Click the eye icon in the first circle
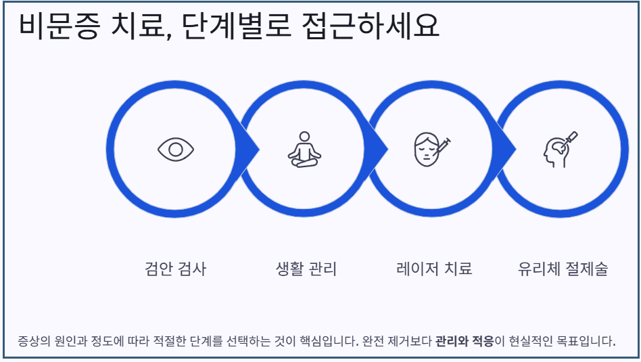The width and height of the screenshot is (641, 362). (176, 149)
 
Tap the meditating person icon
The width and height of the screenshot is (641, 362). (304, 150)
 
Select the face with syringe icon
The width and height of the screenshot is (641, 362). (431, 150)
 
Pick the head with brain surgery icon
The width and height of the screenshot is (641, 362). (560, 149)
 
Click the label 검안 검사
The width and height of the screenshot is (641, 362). (175, 269)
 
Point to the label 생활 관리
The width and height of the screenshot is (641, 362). (306, 269)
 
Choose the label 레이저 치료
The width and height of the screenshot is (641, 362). (434, 269)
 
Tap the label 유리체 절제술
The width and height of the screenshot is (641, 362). (563, 269)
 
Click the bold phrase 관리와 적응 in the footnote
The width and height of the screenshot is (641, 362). (465, 340)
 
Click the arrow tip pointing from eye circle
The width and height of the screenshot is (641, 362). (254, 149)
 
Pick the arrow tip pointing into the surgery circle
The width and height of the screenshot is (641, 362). (511, 149)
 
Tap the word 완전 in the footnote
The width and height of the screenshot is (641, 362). (375, 340)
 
